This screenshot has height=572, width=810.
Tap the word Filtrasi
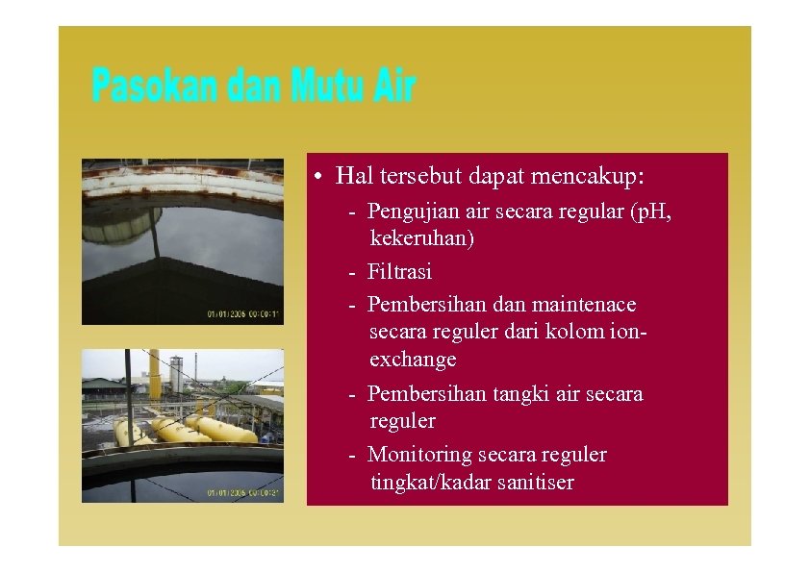coord(400,271)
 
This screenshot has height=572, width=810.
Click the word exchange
coord(413,360)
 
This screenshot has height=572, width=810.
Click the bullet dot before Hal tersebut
coord(317,178)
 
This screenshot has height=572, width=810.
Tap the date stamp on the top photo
coord(243,313)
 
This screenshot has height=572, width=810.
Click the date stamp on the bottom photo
coord(243,492)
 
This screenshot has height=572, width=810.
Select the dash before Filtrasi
coord(354,272)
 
